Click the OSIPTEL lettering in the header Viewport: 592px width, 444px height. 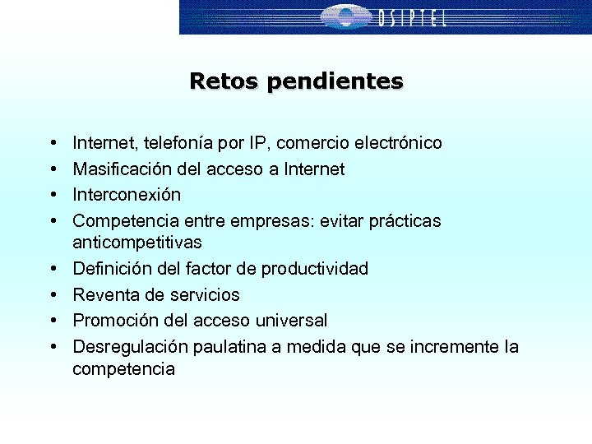click(x=413, y=17)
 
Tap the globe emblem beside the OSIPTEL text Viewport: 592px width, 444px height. click(x=345, y=16)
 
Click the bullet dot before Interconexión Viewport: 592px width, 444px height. click(x=52, y=195)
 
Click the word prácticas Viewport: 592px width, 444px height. click(x=405, y=221)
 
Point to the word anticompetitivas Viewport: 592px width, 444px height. click(x=136, y=243)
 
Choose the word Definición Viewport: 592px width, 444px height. click(x=110, y=269)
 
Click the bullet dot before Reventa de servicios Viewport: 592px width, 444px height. click(x=52, y=294)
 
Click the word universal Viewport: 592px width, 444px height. click(x=294, y=320)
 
